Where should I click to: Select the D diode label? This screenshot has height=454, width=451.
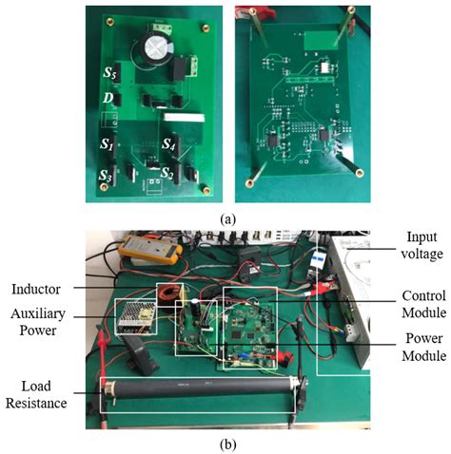[x=109, y=99]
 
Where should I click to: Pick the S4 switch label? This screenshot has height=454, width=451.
[x=168, y=145]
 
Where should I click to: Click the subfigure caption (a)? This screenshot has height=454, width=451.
[x=226, y=218]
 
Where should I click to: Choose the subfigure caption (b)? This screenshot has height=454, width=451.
[x=226, y=444]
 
